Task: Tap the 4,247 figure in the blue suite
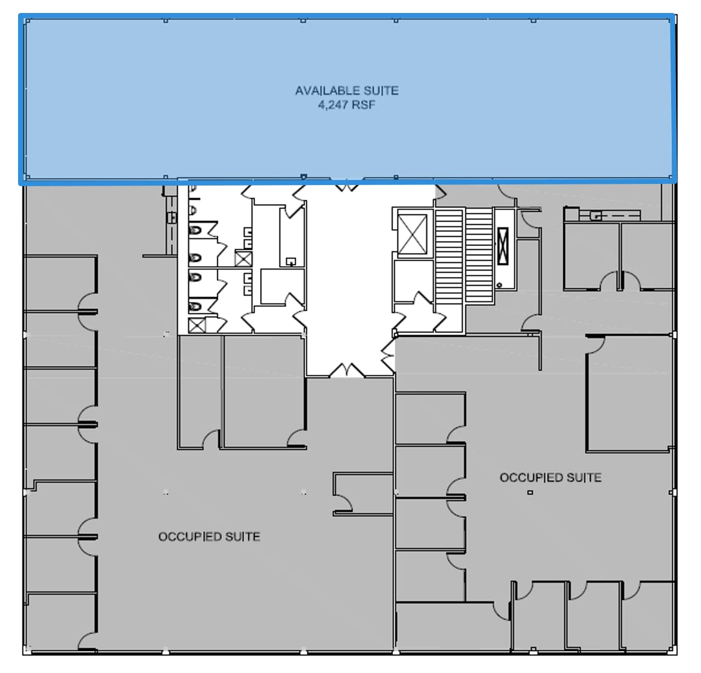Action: [330, 105]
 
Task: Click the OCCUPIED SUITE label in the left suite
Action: [209, 536]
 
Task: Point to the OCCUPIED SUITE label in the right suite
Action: [550, 478]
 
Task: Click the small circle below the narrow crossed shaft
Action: [499, 285]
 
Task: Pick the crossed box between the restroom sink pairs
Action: [243, 259]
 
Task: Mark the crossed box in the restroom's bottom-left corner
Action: [196, 325]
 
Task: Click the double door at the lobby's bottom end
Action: [347, 371]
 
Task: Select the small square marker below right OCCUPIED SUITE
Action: [530, 492]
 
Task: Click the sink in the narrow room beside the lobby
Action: [291, 261]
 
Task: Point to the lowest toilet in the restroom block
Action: [195, 306]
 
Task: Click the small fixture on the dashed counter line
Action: [596, 215]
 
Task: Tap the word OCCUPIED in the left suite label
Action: [190, 536]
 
